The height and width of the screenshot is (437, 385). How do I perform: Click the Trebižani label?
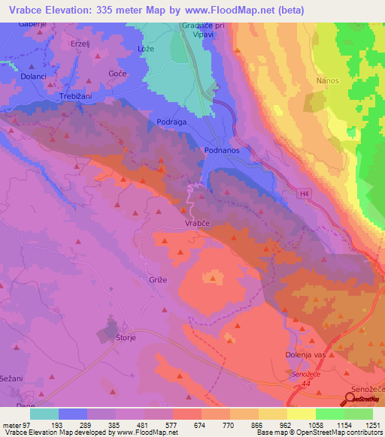[x=76, y=98]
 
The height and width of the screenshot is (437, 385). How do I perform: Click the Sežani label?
[x=14, y=377]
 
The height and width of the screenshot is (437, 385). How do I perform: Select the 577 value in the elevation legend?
[x=172, y=425]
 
